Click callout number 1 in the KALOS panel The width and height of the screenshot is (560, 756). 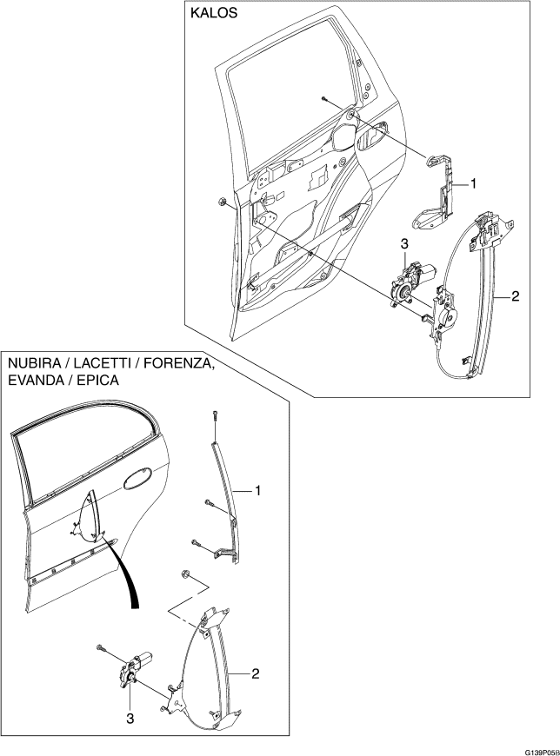tap(474, 183)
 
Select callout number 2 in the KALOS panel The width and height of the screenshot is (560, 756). tap(515, 297)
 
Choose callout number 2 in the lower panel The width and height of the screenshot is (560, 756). tap(256, 673)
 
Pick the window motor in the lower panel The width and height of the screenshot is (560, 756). tap(137, 662)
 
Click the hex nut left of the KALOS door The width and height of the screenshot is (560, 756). tap(223, 203)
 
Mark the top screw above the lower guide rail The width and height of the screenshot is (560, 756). tap(213, 416)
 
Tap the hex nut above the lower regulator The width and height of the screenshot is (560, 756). tap(185, 574)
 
